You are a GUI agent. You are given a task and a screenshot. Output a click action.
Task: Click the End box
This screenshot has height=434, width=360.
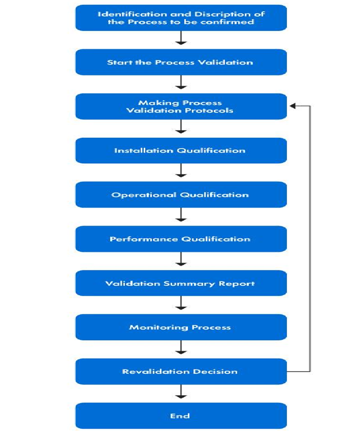(181, 416)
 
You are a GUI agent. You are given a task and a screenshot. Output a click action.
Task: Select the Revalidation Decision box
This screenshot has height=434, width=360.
(181, 372)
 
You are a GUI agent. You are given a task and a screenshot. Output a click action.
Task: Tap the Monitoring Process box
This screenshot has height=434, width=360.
(181, 327)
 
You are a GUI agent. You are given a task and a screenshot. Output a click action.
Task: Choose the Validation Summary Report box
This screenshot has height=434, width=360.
(181, 283)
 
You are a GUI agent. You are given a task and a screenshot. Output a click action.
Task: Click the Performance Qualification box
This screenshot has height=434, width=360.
(181, 239)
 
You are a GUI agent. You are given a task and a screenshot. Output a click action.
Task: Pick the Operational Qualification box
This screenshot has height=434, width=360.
(181, 194)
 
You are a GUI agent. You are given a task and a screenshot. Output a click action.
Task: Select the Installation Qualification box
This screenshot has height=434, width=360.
(181, 150)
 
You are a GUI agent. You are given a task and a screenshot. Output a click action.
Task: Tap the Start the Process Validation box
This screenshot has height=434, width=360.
(181, 62)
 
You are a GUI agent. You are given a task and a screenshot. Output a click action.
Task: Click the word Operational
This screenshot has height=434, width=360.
(144, 195)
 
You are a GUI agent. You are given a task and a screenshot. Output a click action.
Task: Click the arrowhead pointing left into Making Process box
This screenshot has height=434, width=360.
(293, 106)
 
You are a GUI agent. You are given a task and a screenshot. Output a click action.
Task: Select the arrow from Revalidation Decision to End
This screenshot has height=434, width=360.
(181, 392)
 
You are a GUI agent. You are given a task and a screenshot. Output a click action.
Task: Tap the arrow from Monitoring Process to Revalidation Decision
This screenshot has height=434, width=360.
(181, 348)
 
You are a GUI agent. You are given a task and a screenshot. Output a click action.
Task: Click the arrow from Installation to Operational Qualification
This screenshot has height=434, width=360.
(181, 170)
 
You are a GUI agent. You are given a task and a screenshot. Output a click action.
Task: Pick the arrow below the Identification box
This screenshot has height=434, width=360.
(181, 38)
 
